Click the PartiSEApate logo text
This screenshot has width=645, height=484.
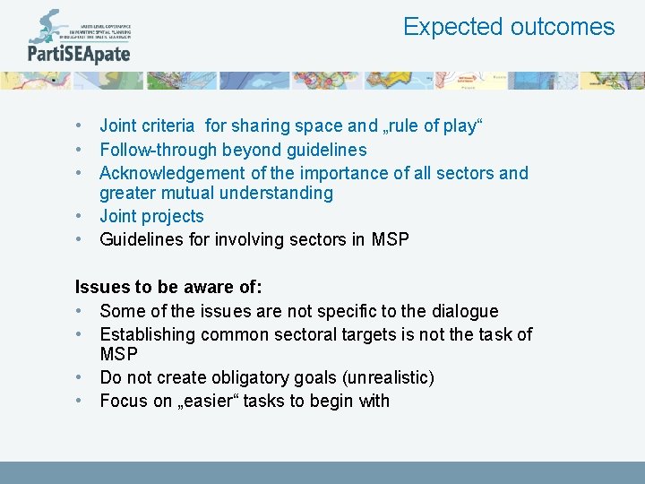tap(79, 53)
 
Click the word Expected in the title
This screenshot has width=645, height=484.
tap(452, 27)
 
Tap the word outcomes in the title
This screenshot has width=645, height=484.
tap(563, 27)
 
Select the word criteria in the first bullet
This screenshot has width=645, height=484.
tap(171, 126)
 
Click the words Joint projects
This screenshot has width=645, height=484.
tap(151, 216)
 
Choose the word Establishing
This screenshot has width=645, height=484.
tap(147, 334)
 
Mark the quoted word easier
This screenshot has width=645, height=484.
tap(202, 401)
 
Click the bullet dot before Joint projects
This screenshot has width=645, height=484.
tap(81, 216)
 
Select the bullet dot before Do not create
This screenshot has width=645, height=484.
tap(81, 377)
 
